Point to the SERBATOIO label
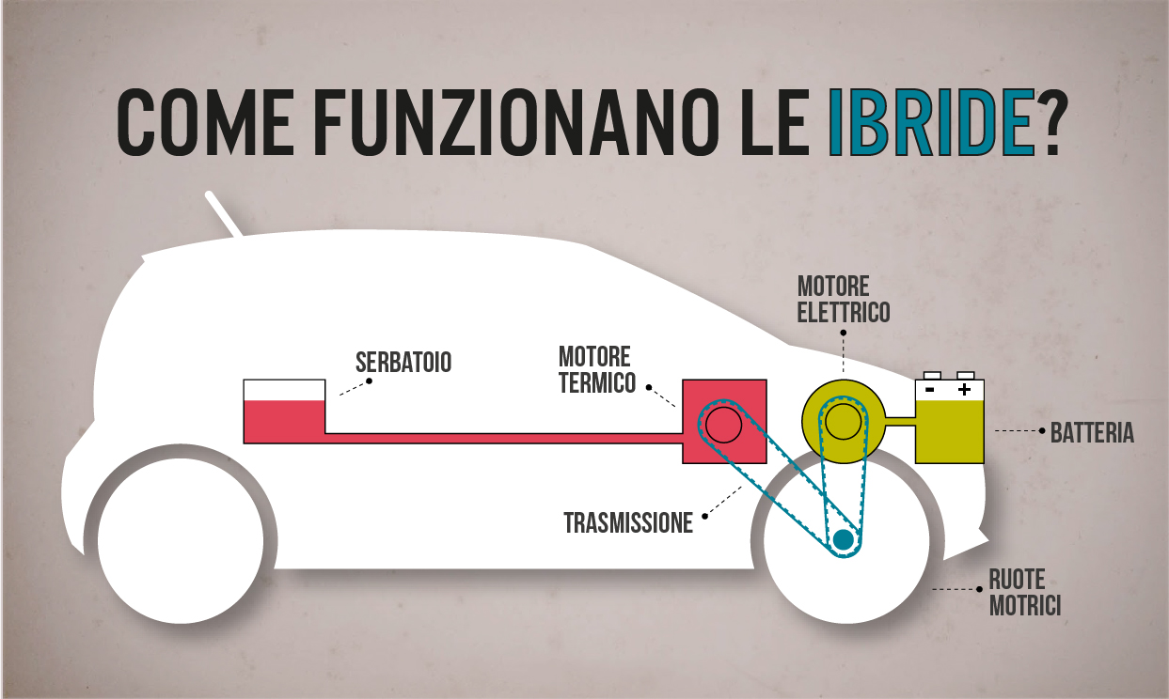pos(403,362)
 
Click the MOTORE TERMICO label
pos(596,370)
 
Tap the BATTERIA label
pos(1092,433)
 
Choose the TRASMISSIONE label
pos(628,522)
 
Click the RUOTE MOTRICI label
pos(1024,593)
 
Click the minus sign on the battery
pos(929,388)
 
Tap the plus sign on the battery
pos(964,388)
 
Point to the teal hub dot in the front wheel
pos(843,540)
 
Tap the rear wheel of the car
pos(180,540)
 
